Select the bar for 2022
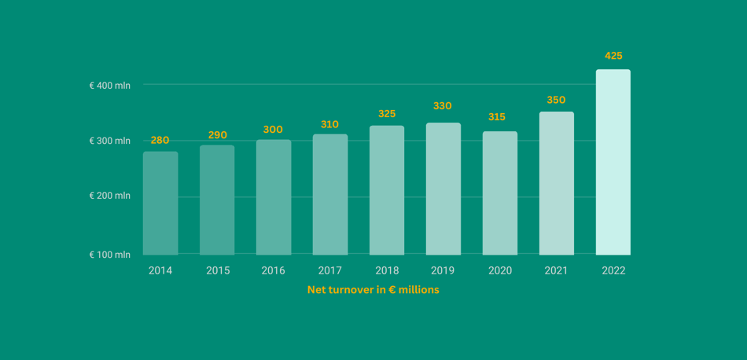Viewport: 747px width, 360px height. (x=613, y=162)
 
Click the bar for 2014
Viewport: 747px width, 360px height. (x=160, y=203)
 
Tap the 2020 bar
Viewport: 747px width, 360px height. (x=500, y=193)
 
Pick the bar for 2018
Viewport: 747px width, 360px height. (x=387, y=190)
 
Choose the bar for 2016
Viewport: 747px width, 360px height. (x=274, y=197)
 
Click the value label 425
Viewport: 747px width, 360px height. (x=613, y=56)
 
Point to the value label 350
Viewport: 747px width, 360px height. (x=556, y=100)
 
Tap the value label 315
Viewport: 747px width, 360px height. (x=497, y=117)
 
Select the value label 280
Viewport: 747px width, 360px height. (x=160, y=140)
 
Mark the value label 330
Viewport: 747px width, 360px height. (x=443, y=106)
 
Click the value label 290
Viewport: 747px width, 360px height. (x=217, y=135)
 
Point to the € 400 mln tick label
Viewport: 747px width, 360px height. (x=110, y=85)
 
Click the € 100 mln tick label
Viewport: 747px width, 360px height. (x=110, y=255)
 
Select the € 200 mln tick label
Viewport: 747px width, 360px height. (x=110, y=196)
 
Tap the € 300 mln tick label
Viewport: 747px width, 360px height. (x=110, y=141)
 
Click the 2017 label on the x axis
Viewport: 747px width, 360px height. (x=330, y=270)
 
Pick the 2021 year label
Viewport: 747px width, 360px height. (x=556, y=270)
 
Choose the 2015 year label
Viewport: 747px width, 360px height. (x=218, y=270)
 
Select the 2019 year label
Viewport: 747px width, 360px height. (x=443, y=270)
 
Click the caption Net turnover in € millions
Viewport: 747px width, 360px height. (x=373, y=290)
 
